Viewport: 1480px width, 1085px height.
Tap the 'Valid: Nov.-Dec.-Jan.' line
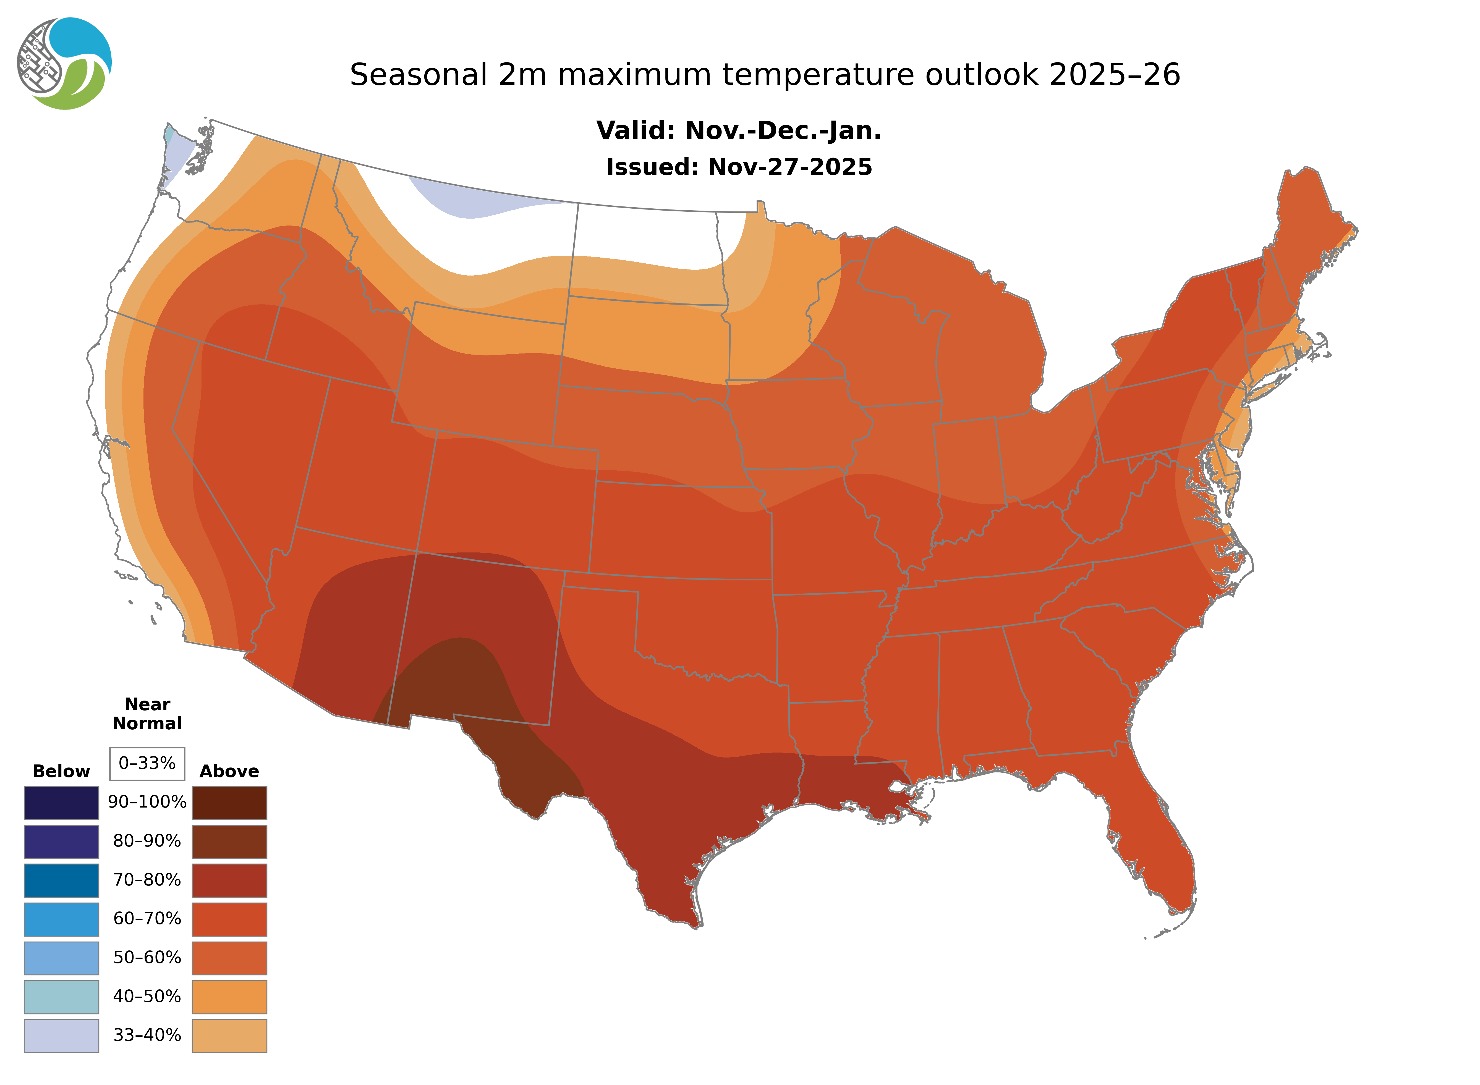pos(738,131)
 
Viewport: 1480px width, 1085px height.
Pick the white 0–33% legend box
pos(147,763)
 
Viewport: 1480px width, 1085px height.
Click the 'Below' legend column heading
pos(61,771)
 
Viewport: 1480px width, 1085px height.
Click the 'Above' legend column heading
pos(229,771)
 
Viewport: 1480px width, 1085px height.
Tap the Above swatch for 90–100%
pos(229,803)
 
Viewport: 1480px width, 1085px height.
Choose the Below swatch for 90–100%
pos(61,803)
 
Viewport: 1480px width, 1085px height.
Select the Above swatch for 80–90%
pos(229,841)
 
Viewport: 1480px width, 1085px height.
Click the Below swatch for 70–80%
pos(61,880)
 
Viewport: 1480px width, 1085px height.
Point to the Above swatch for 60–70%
pos(229,919)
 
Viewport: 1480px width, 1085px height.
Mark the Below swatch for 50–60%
pos(61,958)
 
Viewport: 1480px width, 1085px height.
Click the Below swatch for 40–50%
pos(61,996)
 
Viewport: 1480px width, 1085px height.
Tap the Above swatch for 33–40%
pos(229,1035)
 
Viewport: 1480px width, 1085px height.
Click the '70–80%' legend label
pos(147,880)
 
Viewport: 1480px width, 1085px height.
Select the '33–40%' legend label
pos(147,1035)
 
